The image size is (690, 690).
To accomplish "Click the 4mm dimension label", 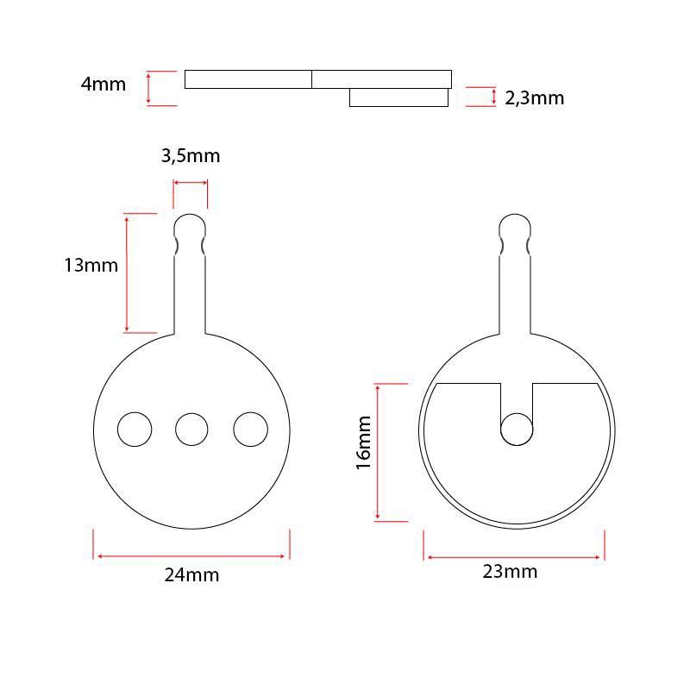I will click(103, 85).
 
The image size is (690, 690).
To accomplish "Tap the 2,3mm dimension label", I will click(534, 97).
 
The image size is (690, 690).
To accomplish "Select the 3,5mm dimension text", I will click(191, 156).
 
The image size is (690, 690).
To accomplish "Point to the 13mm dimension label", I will click(91, 265).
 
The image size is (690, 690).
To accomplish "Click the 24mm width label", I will click(191, 575).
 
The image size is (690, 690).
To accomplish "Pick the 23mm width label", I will click(510, 572).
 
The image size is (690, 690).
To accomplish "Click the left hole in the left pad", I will click(135, 430).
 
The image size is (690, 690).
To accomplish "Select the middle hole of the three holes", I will click(191, 430).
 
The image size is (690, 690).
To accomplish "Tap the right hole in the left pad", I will click(250, 430).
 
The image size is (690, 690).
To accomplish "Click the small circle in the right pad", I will click(517, 430).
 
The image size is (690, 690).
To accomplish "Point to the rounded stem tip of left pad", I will click(191, 226).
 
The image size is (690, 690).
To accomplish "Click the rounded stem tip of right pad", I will click(516, 226).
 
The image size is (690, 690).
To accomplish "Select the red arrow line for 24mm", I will click(191, 556).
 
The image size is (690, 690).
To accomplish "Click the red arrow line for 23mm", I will click(514, 557).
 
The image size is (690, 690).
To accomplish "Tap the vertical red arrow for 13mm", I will click(127, 273).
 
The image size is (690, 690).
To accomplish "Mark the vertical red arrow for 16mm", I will click(378, 453).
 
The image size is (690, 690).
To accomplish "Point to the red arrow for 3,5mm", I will click(191, 183).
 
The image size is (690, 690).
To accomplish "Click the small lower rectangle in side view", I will click(398, 97).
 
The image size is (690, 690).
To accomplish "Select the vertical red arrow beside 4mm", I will click(149, 88).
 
